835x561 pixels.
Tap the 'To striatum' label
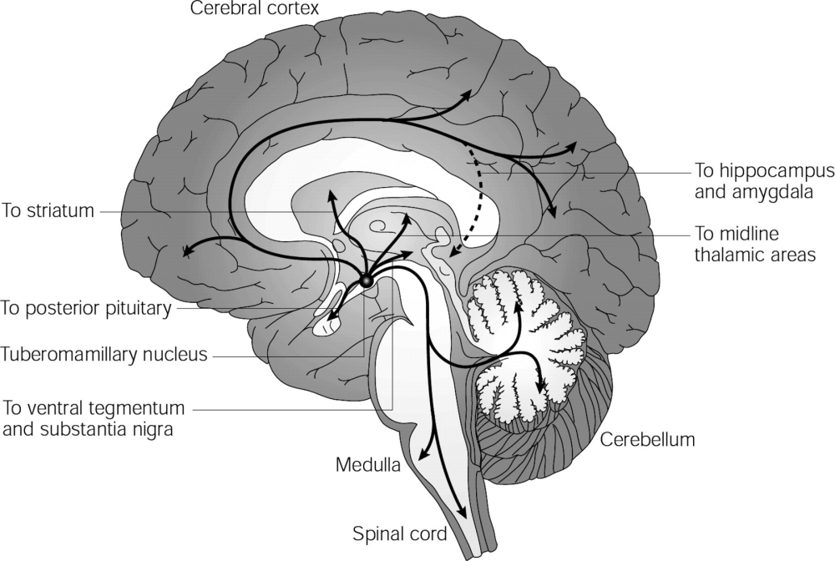click(x=48, y=210)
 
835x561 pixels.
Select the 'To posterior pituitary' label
click(x=86, y=309)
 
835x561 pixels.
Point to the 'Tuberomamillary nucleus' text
click(x=103, y=354)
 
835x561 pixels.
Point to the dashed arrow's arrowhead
click(x=448, y=252)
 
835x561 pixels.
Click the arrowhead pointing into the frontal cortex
click(x=188, y=251)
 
